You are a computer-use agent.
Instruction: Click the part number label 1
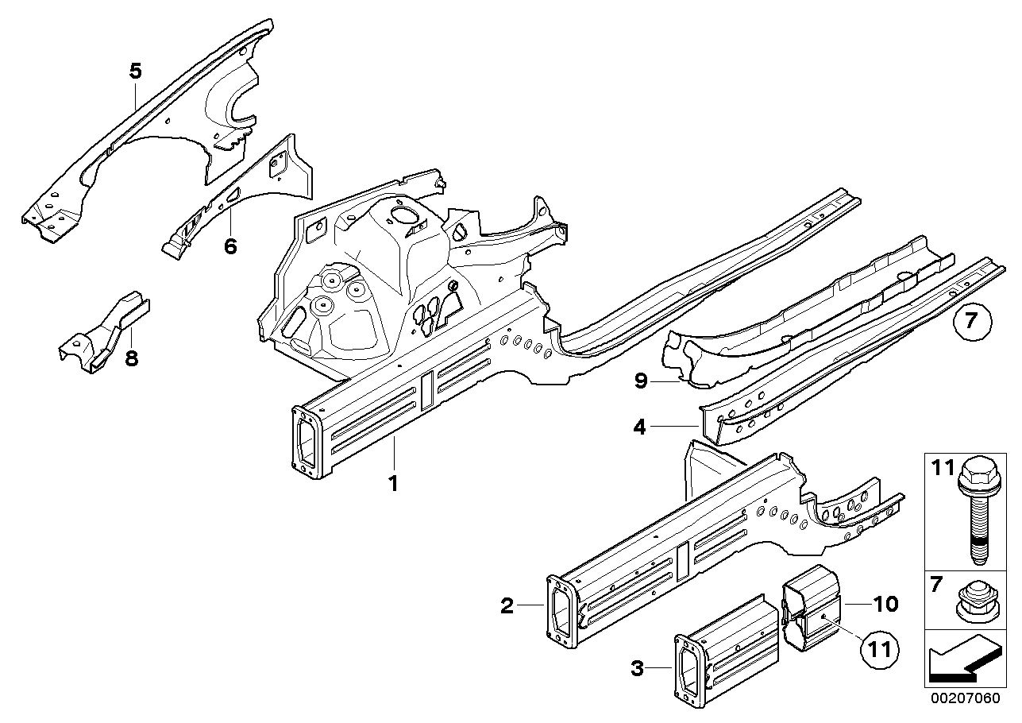[392, 483]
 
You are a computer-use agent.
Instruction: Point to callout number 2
[507, 607]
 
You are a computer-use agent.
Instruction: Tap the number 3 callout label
[637, 669]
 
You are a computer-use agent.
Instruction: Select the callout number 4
[640, 427]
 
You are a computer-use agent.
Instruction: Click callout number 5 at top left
[136, 72]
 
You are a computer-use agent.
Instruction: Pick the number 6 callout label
[230, 246]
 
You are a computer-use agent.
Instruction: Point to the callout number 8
[132, 358]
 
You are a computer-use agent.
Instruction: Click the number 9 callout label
[640, 382]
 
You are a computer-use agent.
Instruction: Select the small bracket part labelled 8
[105, 334]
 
